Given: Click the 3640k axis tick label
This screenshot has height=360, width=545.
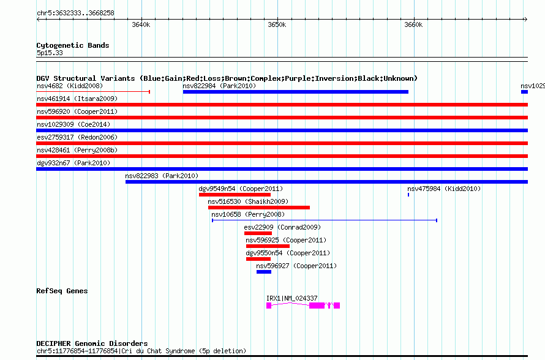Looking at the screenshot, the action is (x=141, y=24).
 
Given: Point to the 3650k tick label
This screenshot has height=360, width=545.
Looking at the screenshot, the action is (x=277, y=24).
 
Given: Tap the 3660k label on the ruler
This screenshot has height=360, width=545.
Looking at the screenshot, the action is (x=413, y=24).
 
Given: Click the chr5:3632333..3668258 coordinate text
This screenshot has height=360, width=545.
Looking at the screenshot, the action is (x=75, y=13).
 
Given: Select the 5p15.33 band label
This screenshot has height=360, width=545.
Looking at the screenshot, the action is (x=50, y=53).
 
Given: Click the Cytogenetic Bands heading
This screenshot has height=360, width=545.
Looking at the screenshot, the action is (x=73, y=45).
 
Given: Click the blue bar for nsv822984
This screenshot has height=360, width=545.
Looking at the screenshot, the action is (x=295, y=92).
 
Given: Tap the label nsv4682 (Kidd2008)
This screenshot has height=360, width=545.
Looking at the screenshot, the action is (x=70, y=86).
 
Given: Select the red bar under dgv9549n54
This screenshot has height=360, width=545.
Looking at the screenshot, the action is (x=235, y=195).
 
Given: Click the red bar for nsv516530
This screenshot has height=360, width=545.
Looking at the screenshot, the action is (x=259, y=208).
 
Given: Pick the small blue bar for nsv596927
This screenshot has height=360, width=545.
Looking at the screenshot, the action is (x=264, y=272).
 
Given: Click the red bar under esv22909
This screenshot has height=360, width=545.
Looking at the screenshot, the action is (x=258, y=233).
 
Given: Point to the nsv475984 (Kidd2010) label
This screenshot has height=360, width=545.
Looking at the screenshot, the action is (x=444, y=189).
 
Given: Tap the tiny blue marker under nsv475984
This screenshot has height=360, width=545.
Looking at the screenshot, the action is (x=408, y=195).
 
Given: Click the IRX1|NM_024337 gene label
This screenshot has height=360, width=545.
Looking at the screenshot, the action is (x=291, y=298).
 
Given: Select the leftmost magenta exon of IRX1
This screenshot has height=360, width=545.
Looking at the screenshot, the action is (x=269, y=306).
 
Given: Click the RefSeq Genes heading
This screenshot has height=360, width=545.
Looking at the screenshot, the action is (x=62, y=291).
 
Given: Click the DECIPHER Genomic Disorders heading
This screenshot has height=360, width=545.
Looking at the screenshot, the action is (x=92, y=343).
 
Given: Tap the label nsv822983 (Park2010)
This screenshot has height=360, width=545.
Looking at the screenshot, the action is (x=162, y=176).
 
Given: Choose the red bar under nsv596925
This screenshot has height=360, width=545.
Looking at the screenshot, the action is (x=268, y=246).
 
